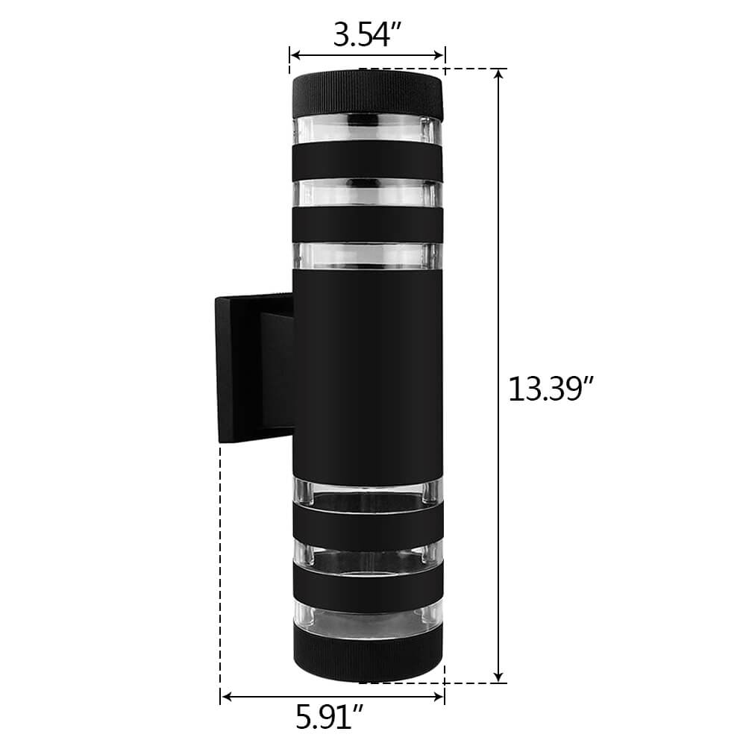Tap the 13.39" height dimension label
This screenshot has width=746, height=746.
pos(551,389)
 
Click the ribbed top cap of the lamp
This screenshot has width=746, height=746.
pos(367,93)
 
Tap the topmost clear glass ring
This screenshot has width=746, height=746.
pos(367,130)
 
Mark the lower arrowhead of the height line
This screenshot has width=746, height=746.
pos(498,677)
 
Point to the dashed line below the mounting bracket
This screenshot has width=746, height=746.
pos(221,567)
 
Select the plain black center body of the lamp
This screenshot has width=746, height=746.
pos(367,373)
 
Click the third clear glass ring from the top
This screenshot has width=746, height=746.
pos(367,254)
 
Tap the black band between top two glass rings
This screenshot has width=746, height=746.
pos(367,160)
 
